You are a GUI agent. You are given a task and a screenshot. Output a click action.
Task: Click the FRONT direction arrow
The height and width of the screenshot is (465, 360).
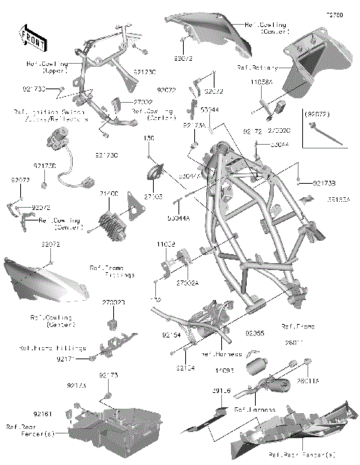tap(28, 34)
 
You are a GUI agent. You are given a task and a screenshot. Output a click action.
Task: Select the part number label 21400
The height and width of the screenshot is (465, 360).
tap(109, 193)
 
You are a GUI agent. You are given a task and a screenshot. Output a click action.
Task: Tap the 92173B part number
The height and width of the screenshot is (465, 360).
tap(324, 182)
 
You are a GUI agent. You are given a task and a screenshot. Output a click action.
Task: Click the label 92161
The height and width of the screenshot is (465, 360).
tap(43, 413)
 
